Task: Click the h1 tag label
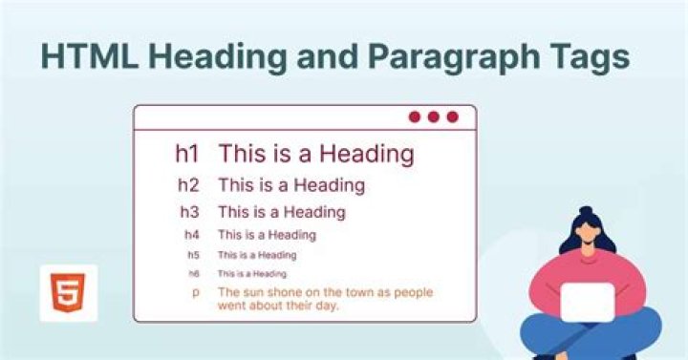[185, 153]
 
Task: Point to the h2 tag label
[189, 184]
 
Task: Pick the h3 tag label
[191, 212]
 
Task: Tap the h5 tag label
[194, 255]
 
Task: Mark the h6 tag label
[194, 274]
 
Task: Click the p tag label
[195, 291]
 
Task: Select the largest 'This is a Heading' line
[315, 153]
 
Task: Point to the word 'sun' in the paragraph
[254, 291]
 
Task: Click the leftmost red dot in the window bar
[415, 116]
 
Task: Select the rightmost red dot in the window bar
[452, 116]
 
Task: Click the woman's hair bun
[585, 211]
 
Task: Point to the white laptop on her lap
[586, 301]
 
